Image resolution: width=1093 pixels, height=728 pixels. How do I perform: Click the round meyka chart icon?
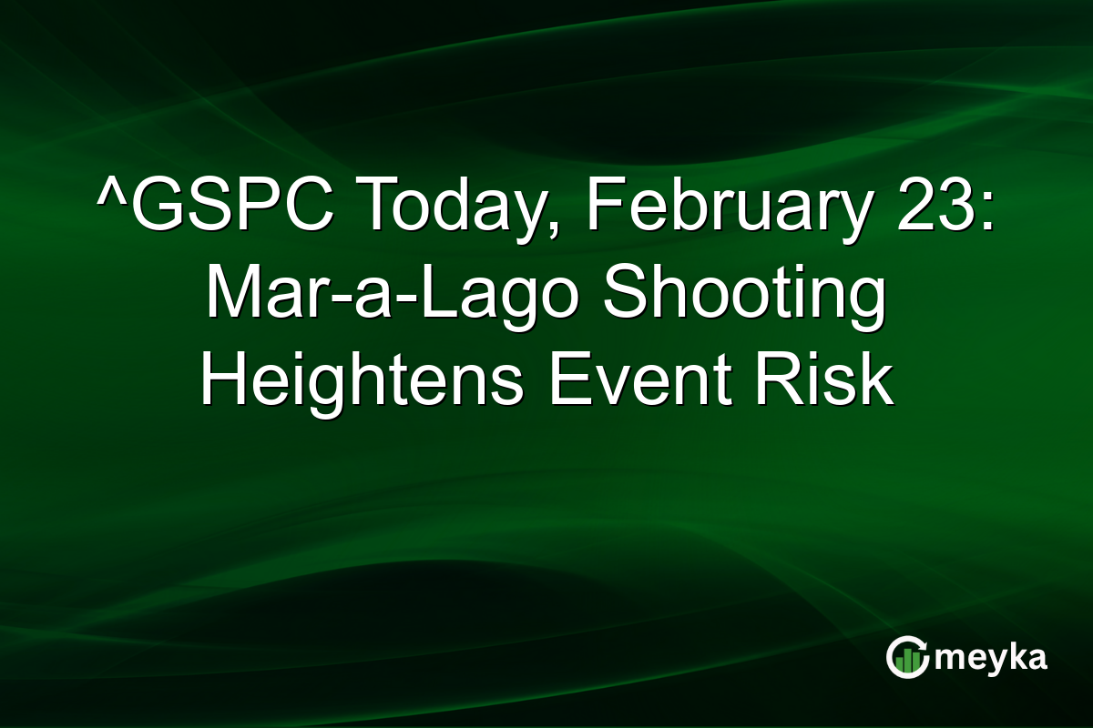pyautogui.click(x=907, y=657)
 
